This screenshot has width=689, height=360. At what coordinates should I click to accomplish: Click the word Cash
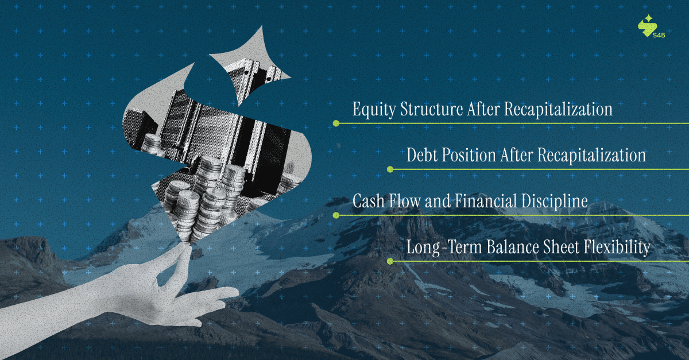(368, 202)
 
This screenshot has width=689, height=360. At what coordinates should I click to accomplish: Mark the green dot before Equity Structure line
(336, 123)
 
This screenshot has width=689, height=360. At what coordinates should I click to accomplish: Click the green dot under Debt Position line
(390, 169)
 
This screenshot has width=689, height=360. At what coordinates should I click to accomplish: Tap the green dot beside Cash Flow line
(336, 215)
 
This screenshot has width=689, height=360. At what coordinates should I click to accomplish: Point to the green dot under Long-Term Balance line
(390, 261)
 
